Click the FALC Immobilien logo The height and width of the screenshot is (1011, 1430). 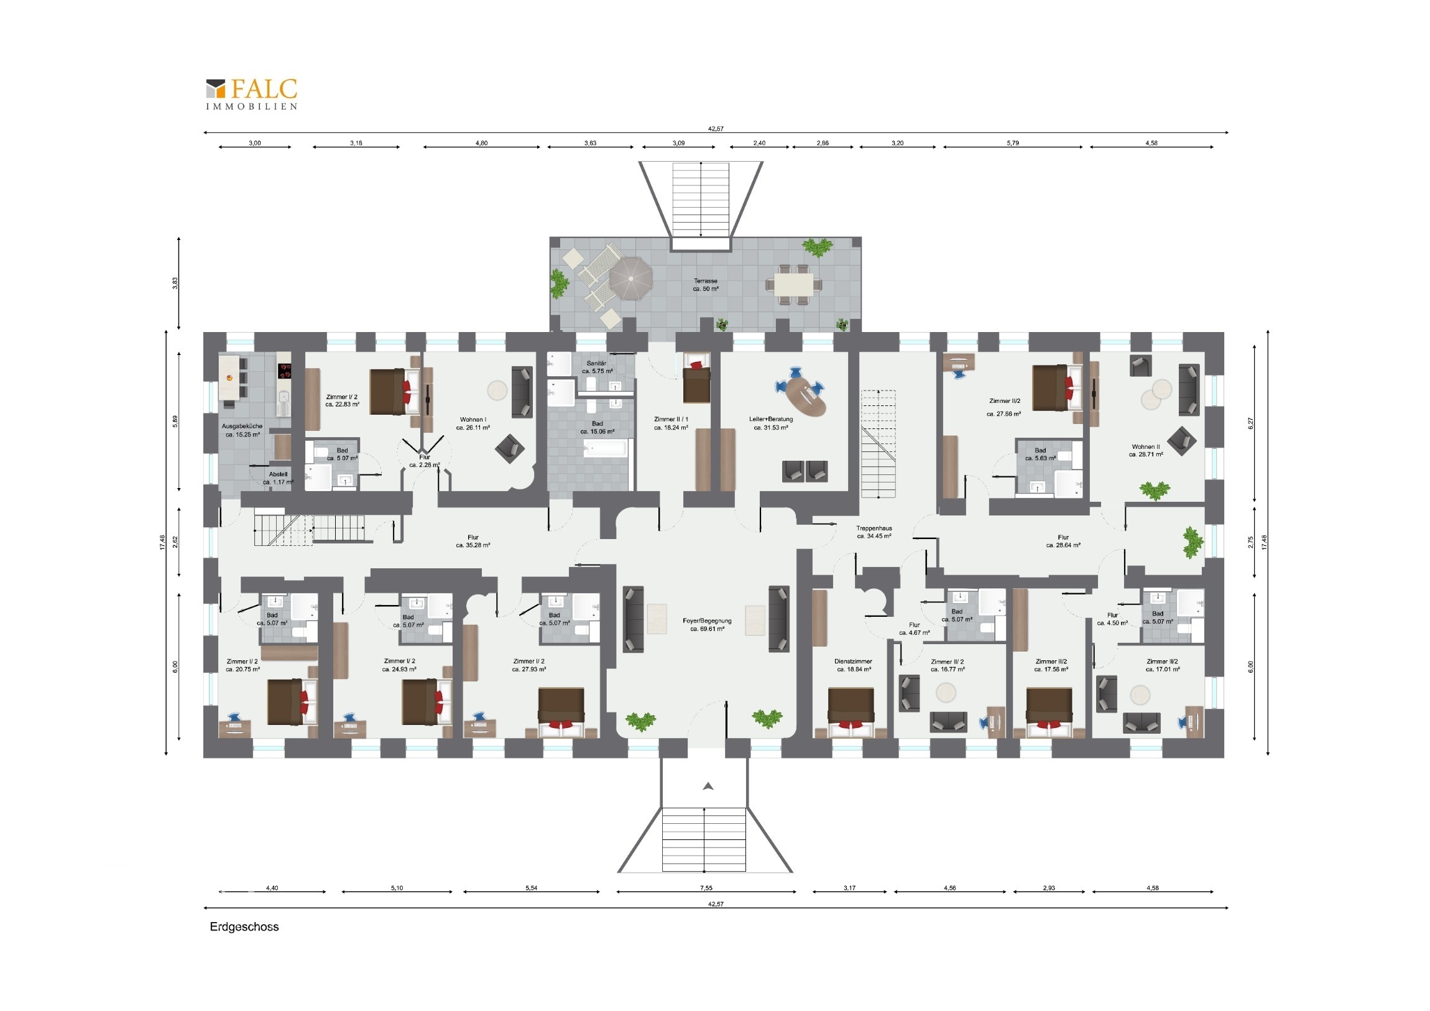pos(252,94)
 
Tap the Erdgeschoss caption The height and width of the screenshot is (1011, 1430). pos(244,926)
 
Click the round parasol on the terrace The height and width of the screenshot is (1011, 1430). pos(631,279)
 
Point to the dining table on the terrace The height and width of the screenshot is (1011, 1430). pos(793,285)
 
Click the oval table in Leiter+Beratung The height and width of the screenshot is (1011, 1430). pos(806,398)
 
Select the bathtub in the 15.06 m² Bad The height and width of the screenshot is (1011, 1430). pos(605,448)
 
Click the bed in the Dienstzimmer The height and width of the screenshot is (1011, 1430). pos(851,713)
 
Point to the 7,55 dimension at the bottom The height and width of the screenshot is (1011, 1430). pos(706,888)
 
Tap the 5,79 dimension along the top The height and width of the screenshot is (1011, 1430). pos(1013,142)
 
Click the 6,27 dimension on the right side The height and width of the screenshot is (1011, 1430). pos(1250,423)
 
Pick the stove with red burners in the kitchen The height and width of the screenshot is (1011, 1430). pos(285,371)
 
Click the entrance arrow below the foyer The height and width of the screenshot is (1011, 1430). pos(708,786)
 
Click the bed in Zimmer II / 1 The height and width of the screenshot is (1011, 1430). pos(697,378)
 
